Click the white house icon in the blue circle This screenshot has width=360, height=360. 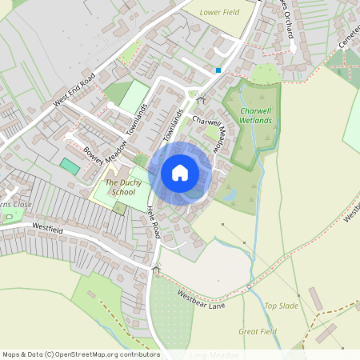click(180, 173)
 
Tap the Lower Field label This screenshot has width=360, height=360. click(220, 13)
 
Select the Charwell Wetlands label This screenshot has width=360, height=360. click(256, 115)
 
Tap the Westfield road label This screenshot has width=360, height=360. click(47, 229)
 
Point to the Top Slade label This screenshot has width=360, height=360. click(282, 306)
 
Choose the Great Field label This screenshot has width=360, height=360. click(258, 331)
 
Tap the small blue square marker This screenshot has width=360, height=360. click(218, 70)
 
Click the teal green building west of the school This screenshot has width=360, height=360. click(70, 166)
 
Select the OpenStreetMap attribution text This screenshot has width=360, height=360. click(80, 354)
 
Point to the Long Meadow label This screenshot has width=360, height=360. click(214, 354)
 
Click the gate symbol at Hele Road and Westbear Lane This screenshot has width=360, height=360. click(156, 270)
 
